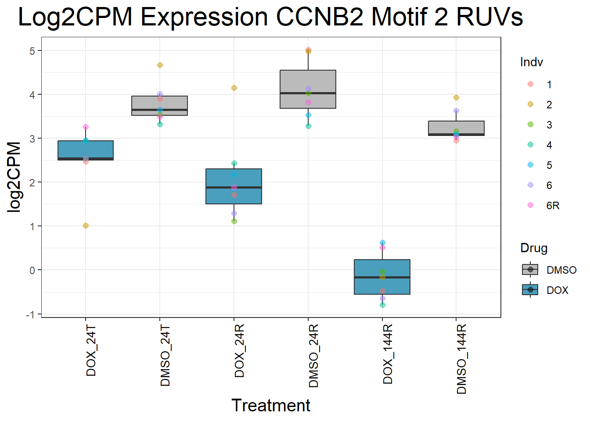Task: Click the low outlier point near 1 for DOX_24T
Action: click(x=86, y=225)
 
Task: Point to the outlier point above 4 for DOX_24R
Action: click(x=234, y=88)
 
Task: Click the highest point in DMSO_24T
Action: click(x=160, y=65)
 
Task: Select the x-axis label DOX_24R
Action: click(x=239, y=351)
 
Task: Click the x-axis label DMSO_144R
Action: click(x=461, y=359)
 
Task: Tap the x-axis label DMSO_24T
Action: click(x=165, y=355)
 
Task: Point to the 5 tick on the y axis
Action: click(x=32, y=51)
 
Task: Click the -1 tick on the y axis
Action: click(x=30, y=314)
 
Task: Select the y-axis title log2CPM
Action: click(x=14, y=177)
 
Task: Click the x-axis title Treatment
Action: click(x=270, y=405)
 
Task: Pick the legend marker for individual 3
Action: click(x=530, y=125)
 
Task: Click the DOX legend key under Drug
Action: click(x=530, y=290)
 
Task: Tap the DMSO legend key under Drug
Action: click(x=530, y=270)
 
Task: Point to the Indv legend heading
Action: click(x=531, y=62)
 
